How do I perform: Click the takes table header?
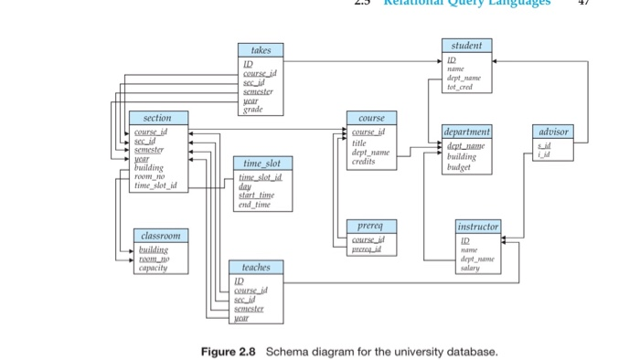tap(261, 49)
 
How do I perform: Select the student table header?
tap(466, 46)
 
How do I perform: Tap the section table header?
tap(157, 118)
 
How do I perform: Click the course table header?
tap(371, 118)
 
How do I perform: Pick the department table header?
tap(466, 132)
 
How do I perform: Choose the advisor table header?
tap(554, 132)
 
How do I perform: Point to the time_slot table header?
tap(261, 163)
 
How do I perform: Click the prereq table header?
tap(371, 226)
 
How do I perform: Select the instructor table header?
tap(478, 226)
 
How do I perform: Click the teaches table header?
tap(256, 268)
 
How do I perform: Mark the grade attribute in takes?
tap(251, 110)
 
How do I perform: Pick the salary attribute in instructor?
tap(470, 268)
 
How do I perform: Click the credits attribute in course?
tap(364, 162)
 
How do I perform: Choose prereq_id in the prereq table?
tap(367, 249)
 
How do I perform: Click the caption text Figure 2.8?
tap(229, 351)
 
